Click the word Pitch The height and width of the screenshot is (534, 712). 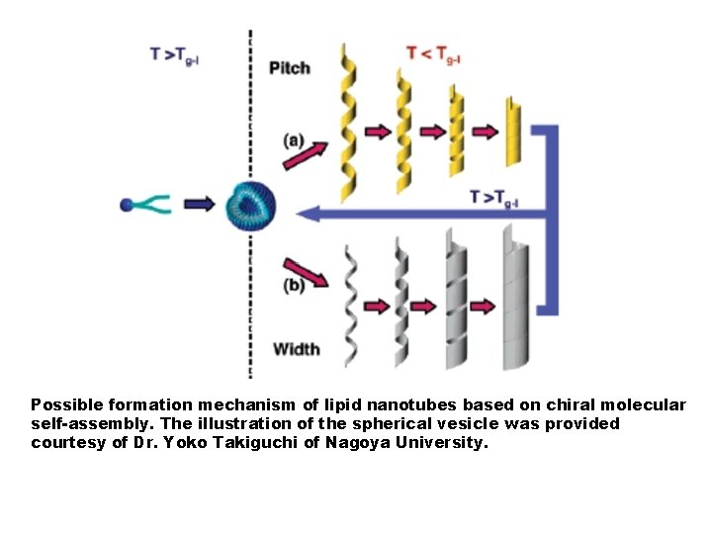tap(290, 68)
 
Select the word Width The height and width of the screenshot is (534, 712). tap(296, 348)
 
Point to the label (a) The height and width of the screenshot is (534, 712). tap(293, 140)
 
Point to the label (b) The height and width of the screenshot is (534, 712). tap(294, 287)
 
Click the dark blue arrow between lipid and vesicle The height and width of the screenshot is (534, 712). tap(199, 205)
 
